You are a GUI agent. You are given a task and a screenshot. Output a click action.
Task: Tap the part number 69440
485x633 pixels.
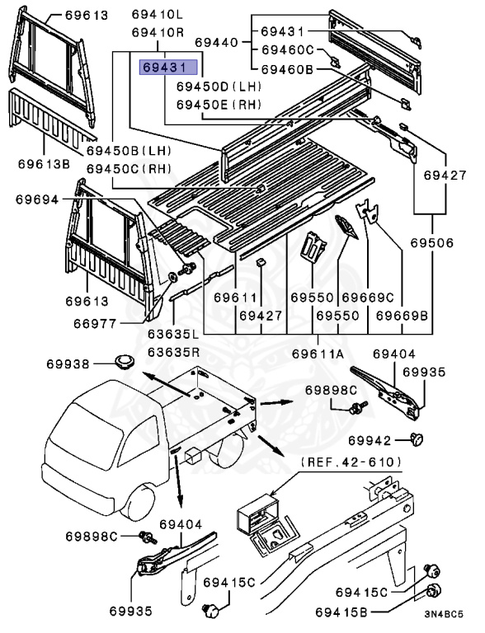216,41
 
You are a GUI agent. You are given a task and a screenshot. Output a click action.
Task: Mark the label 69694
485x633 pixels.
36,200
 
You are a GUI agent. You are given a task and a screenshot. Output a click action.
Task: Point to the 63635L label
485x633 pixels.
172,335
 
